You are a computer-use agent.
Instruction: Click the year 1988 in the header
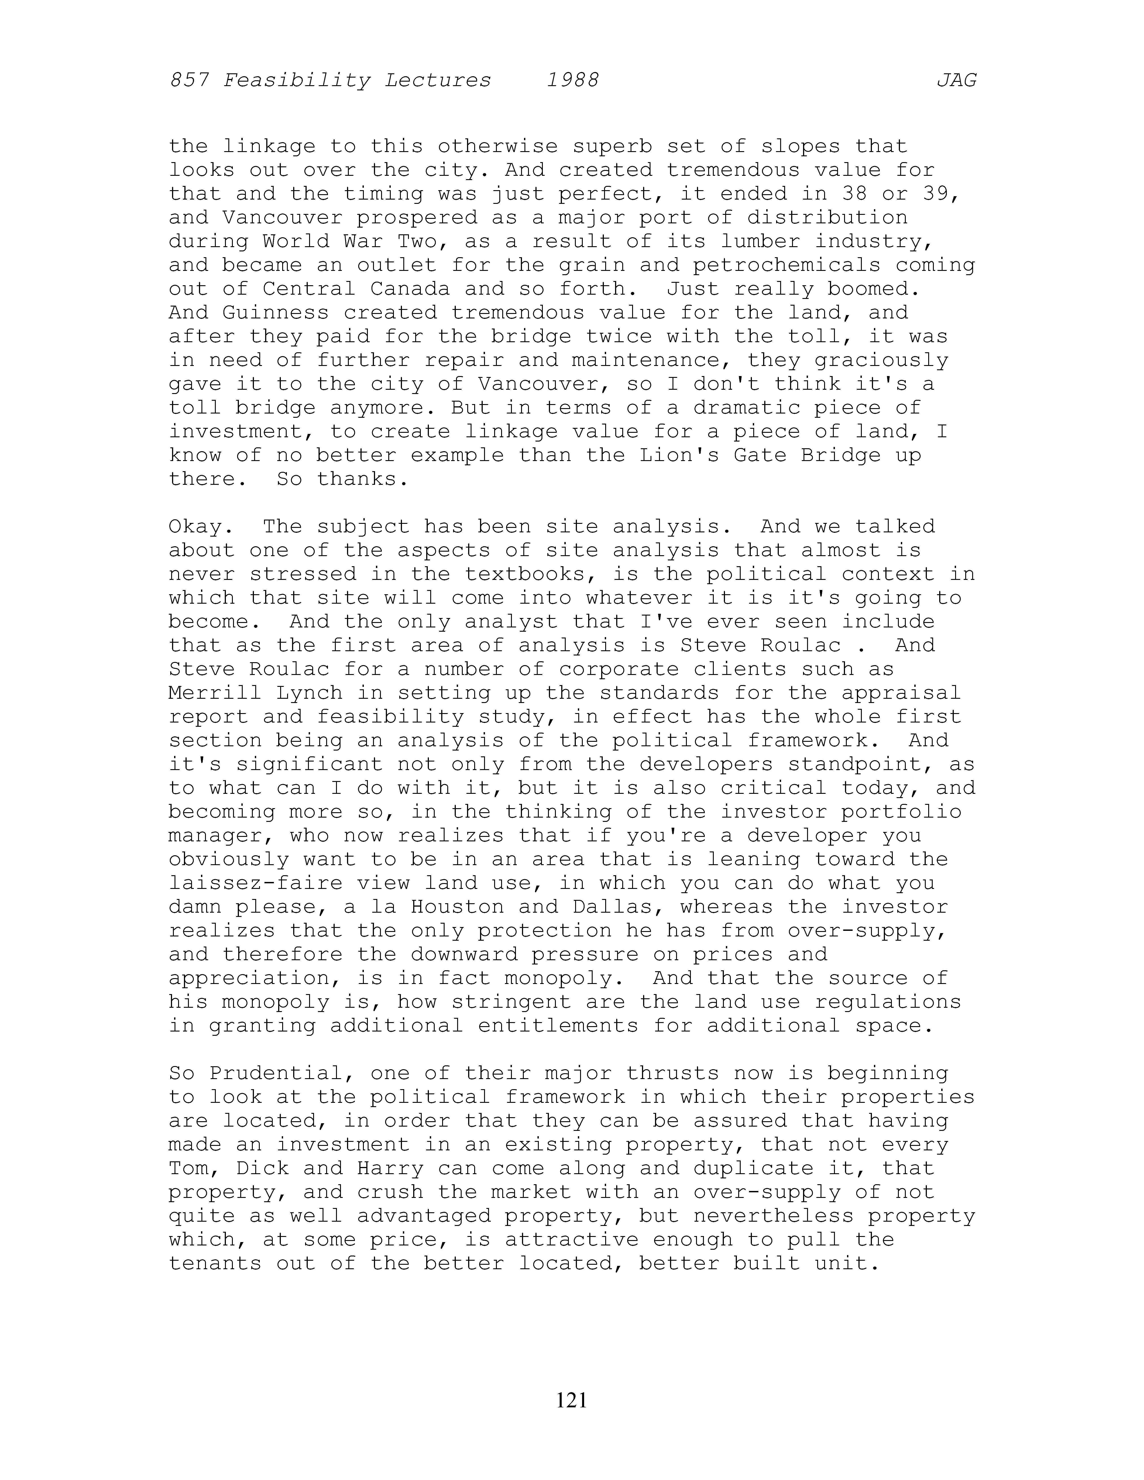(573, 81)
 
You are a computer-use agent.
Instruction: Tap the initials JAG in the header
(956, 81)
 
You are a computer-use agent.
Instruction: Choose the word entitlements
(558, 1025)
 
